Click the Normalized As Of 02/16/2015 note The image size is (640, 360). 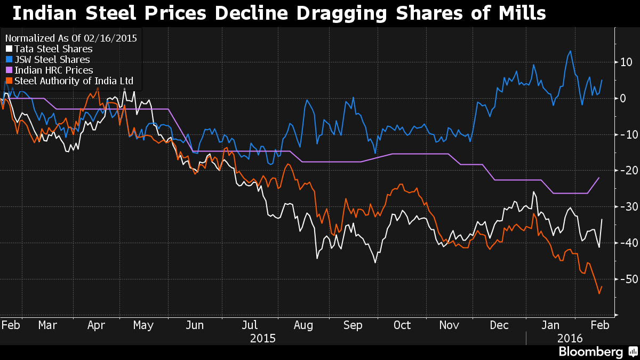point(71,38)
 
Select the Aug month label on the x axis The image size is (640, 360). point(303,325)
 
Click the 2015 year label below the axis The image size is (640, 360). point(262,338)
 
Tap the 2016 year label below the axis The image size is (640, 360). point(570,338)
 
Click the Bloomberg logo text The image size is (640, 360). point(590,352)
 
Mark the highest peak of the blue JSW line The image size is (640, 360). point(571,51)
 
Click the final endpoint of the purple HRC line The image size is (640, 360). point(599,178)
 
